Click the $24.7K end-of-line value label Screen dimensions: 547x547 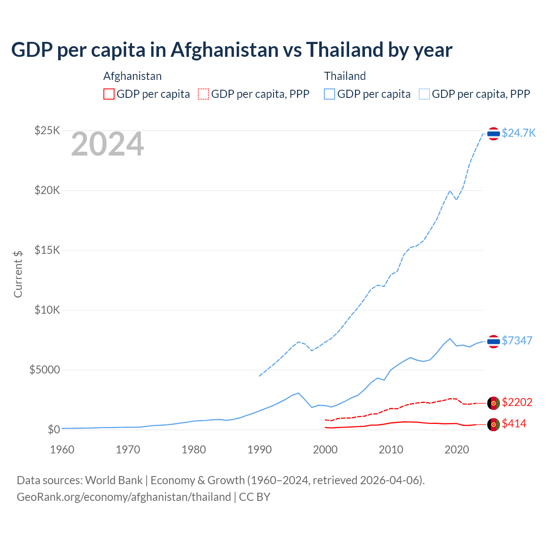tap(518, 133)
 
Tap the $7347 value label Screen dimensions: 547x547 tap(517, 341)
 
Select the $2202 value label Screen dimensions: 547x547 tap(517, 402)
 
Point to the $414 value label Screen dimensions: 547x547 tap(514, 423)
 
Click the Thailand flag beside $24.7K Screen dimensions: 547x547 tap(494, 134)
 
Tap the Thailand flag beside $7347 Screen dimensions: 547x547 tap(494, 341)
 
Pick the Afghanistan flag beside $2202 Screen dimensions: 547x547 tap(494, 403)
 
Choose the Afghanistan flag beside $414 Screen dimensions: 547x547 tap(494, 424)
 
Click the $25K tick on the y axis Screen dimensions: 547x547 tap(47, 130)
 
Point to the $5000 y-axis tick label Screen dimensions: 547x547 tap(44, 370)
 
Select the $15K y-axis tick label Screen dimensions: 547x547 tap(47, 250)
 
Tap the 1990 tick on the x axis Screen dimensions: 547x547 tap(259, 450)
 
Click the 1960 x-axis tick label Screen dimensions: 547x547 tap(62, 450)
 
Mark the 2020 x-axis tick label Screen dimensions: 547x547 tap(457, 450)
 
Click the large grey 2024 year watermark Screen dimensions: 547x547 tap(107, 144)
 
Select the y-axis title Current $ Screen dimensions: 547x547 tap(18, 274)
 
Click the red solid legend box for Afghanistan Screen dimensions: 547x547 tap(109, 94)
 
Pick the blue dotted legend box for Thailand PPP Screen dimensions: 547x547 tap(424, 94)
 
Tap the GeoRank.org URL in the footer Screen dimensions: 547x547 tap(124, 497)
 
